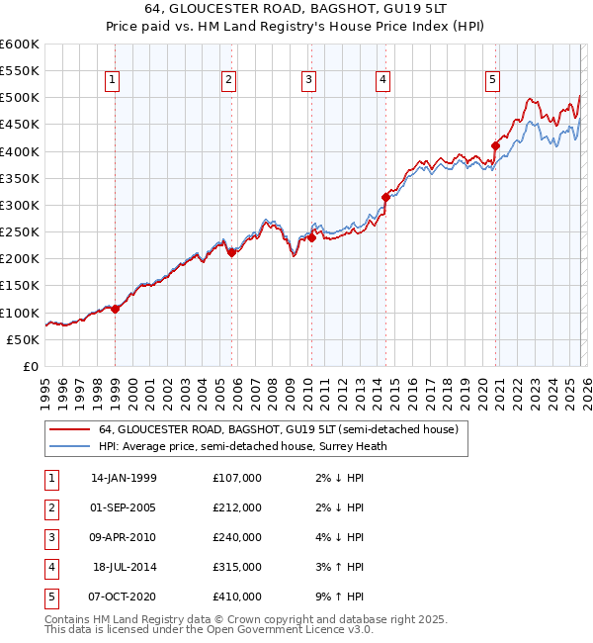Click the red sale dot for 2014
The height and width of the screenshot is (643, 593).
point(385,197)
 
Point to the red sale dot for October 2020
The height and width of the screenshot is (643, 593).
point(495,146)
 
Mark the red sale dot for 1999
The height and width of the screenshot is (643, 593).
point(116,309)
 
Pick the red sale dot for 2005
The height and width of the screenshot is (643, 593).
point(231,252)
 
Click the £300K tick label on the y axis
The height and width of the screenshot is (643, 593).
point(20,205)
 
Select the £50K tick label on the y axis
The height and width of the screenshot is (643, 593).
point(23,339)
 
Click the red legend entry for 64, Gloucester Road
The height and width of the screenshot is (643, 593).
point(278,430)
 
